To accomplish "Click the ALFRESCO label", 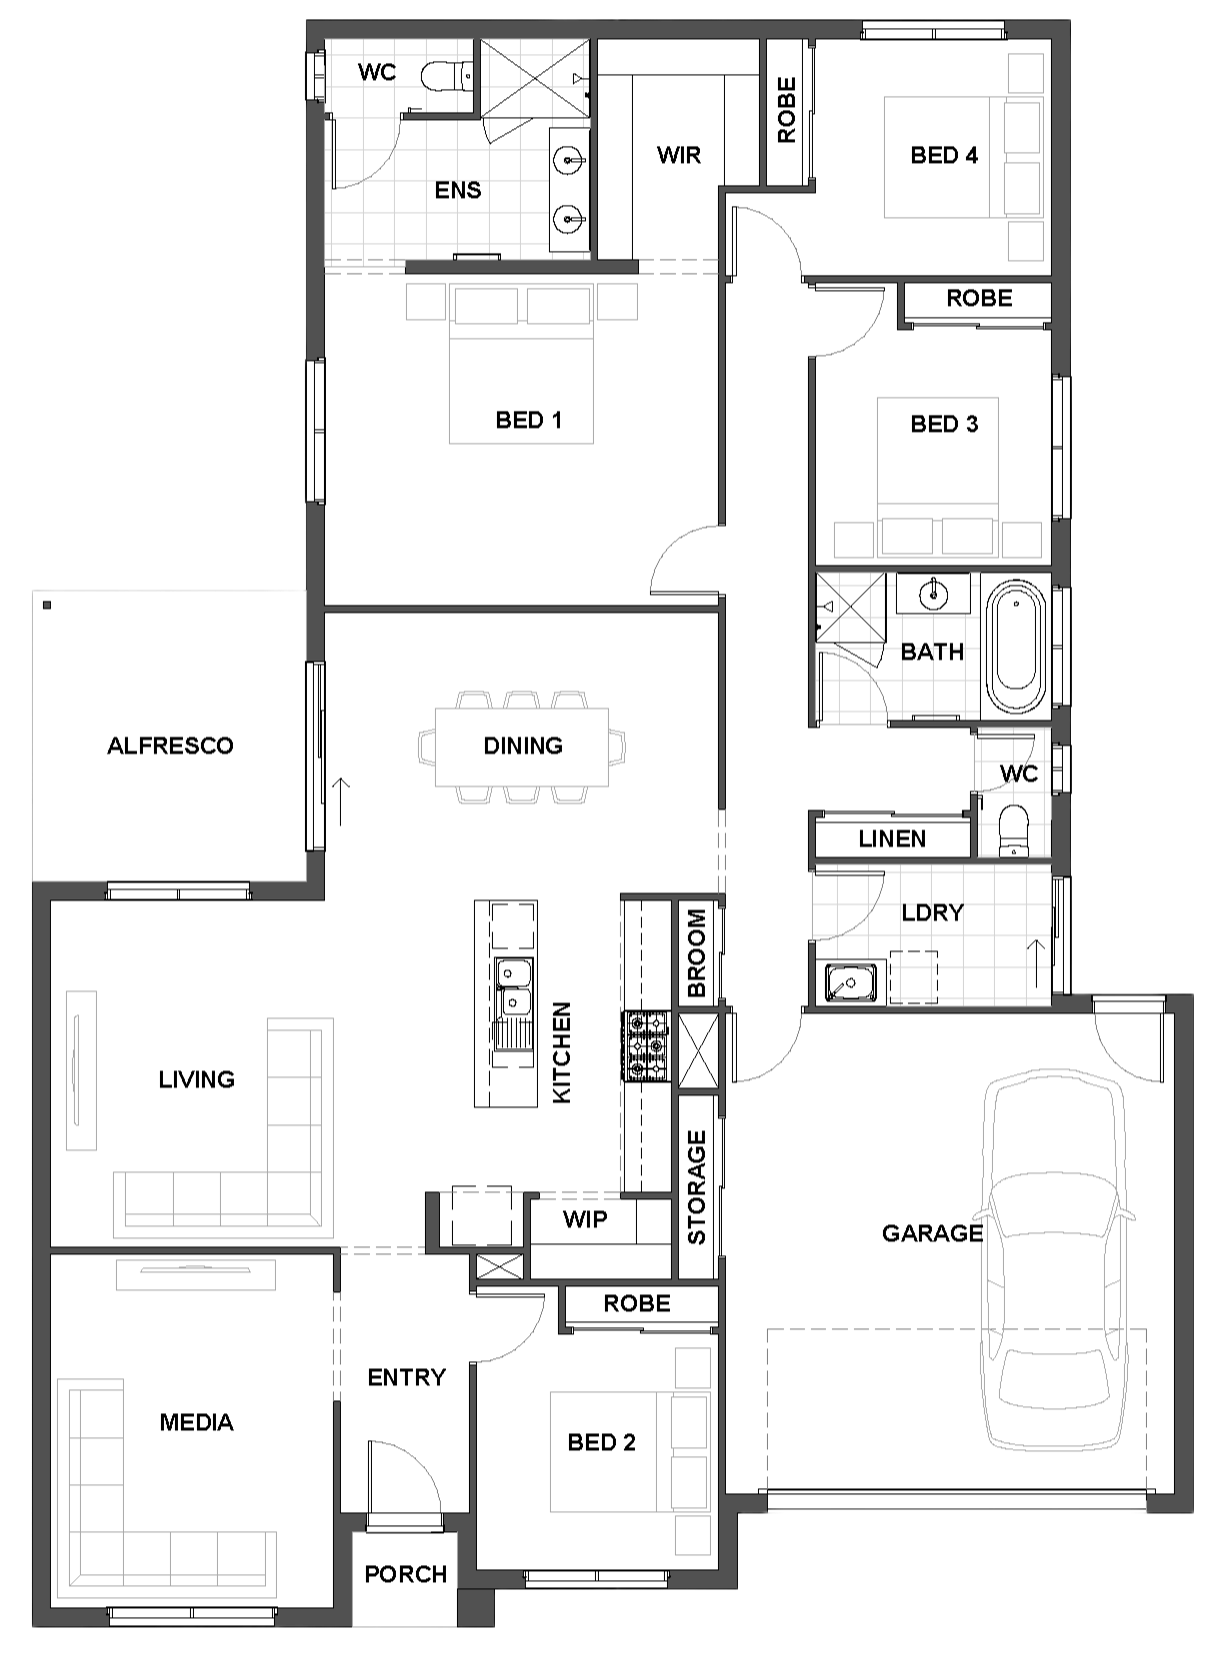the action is [170, 746].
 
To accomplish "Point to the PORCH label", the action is [406, 1574].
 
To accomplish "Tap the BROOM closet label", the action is [696, 953].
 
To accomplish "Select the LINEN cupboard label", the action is [892, 838].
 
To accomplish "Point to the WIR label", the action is [678, 155].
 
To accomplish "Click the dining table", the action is [522, 747].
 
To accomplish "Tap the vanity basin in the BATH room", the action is [933, 594].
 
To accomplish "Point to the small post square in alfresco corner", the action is [47, 605].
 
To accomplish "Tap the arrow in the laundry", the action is [1035, 962].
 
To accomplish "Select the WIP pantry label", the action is [585, 1219].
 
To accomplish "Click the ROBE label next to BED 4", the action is [787, 110].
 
